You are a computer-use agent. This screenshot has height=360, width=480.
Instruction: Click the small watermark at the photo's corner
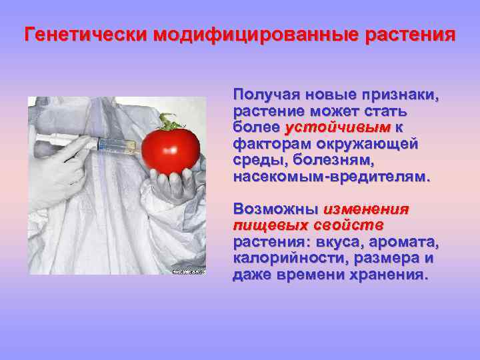pyautogui.click(x=189, y=271)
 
